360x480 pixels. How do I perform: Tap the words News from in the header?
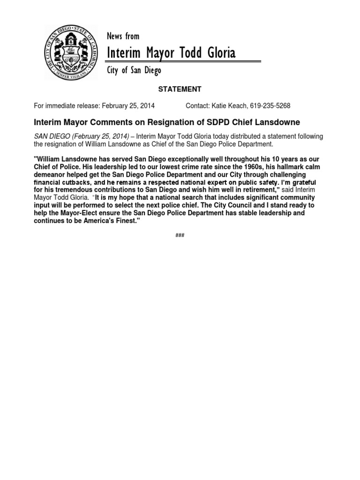[x=123, y=36]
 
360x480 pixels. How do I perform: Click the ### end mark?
[x=180, y=235]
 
